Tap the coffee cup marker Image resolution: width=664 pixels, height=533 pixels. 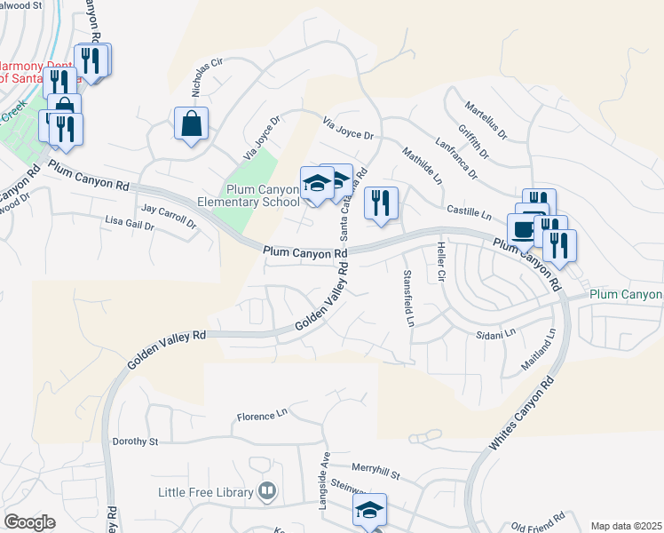pos(522,229)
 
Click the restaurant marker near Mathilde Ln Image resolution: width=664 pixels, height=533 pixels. pos(381,203)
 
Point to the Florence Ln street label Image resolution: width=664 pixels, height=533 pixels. pos(263,415)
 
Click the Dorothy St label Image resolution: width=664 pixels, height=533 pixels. pos(135,442)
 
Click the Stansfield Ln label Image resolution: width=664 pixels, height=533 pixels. pos(409,297)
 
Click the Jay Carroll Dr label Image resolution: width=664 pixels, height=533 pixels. pos(169,217)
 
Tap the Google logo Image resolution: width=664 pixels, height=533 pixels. pos(29,522)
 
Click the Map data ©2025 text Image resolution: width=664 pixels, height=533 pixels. pos(626,526)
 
